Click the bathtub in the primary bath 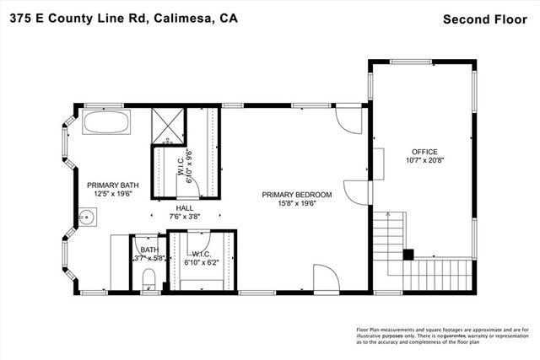[x=106, y=124]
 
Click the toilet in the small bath [x=148, y=278]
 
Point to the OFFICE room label [x=424, y=152]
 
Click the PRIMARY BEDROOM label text [x=294, y=195]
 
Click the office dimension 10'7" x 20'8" [x=424, y=161]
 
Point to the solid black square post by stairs [x=409, y=253]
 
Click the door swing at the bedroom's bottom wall [x=326, y=279]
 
